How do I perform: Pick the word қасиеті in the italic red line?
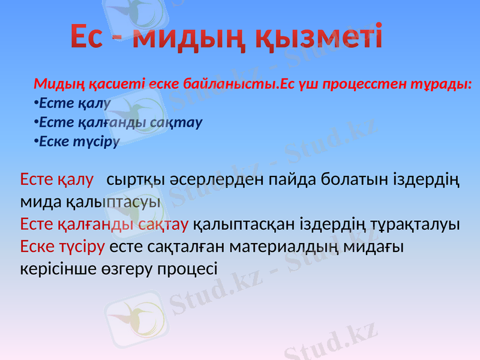tap(97, 83)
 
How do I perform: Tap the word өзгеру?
tap(132, 269)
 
